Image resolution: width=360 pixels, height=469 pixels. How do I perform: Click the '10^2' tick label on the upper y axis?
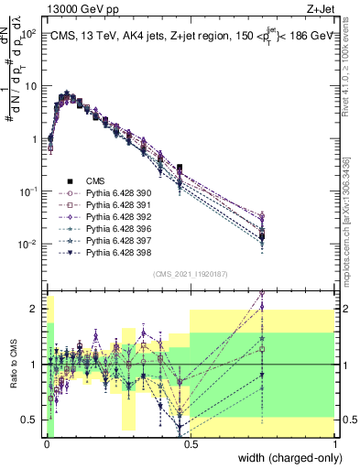(x=30, y=33)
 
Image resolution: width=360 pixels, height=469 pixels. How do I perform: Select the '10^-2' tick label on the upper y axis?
(x=29, y=245)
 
